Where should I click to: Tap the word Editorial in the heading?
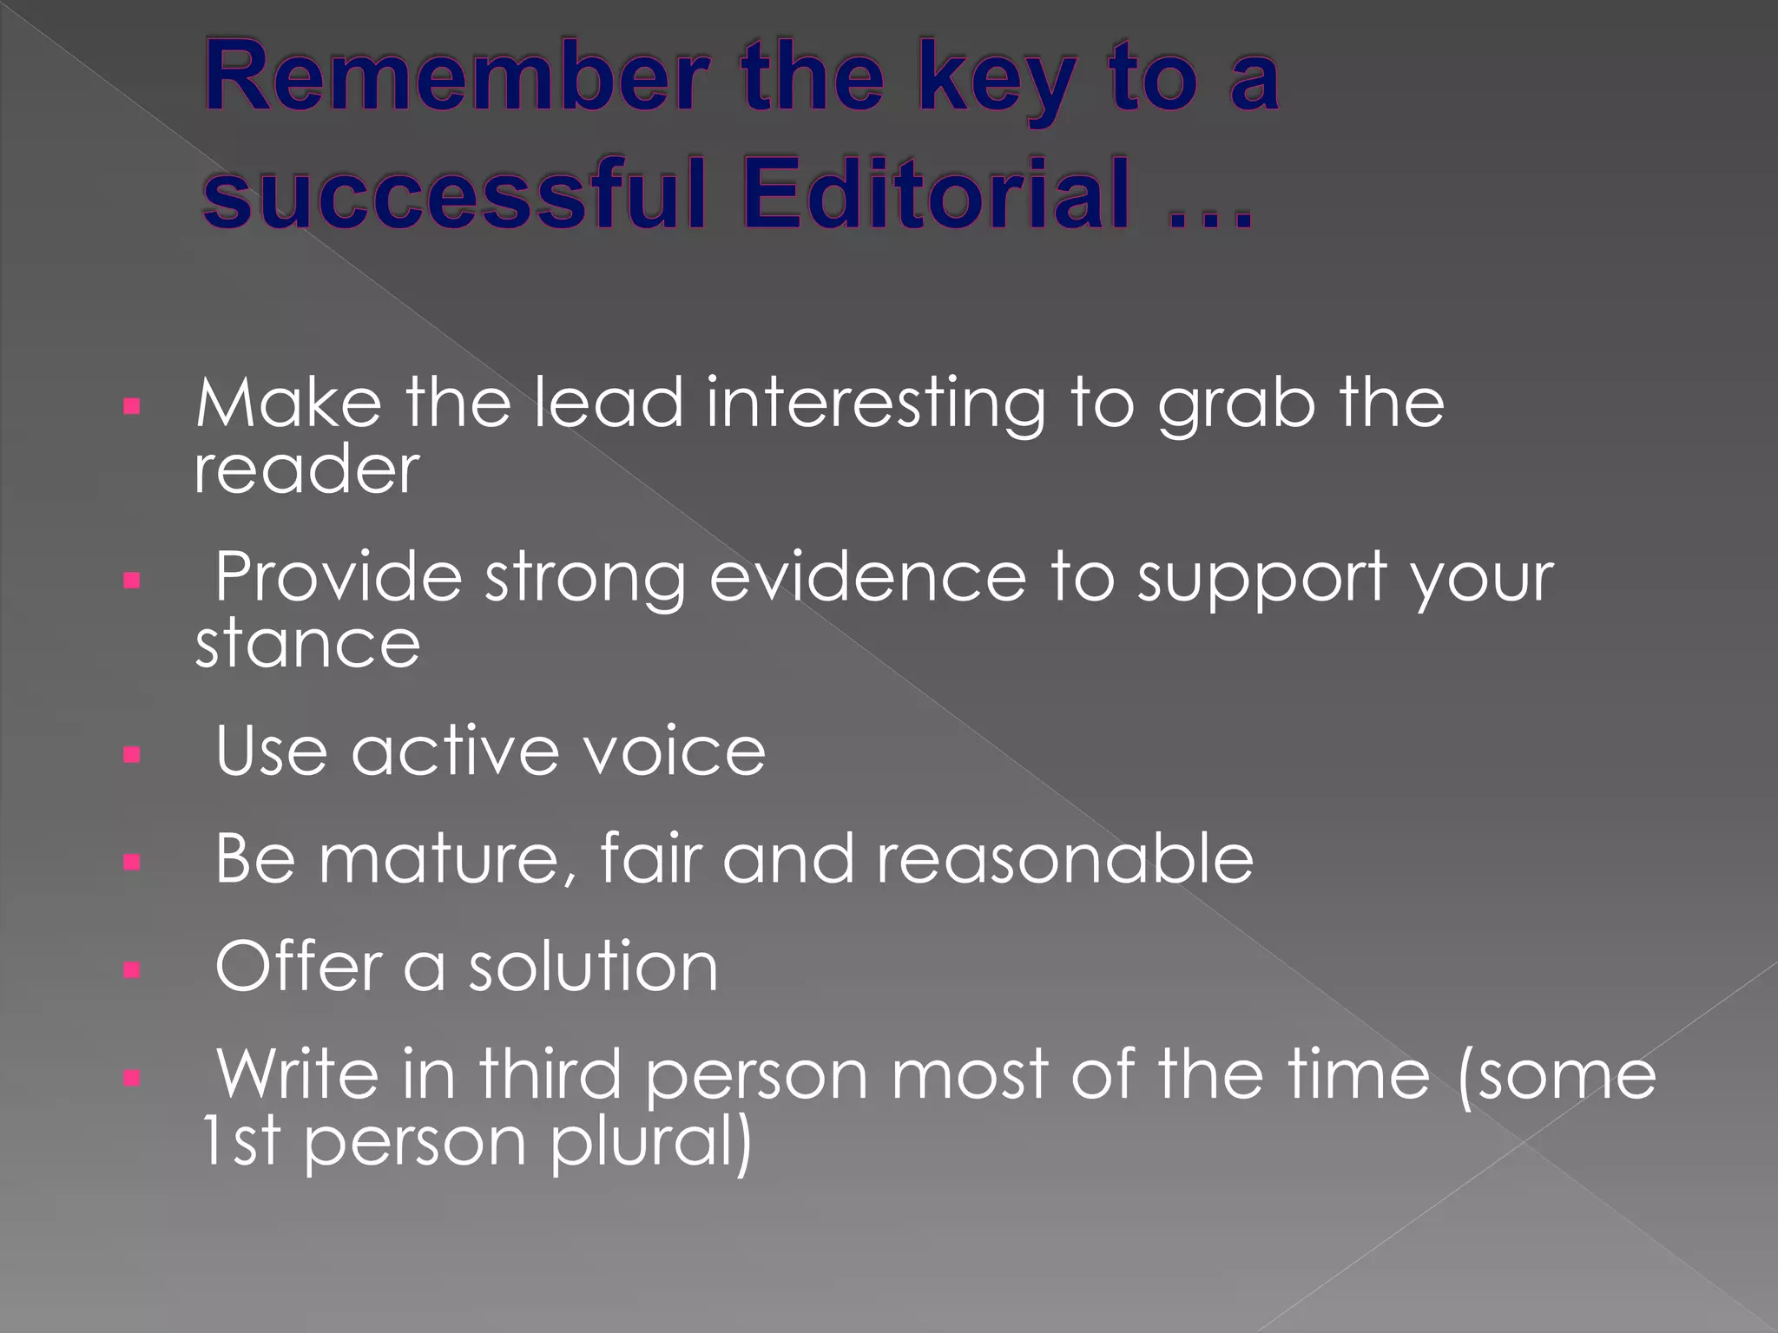tap(938, 193)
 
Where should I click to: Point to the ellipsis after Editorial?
tap(1210, 217)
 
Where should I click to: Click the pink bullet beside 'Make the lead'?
tap(132, 406)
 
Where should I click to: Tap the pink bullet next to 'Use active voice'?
tap(132, 754)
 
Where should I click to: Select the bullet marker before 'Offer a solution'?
tap(132, 969)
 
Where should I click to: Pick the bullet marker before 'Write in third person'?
tap(132, 1078)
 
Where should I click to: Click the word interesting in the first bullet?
tap(876, 406)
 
